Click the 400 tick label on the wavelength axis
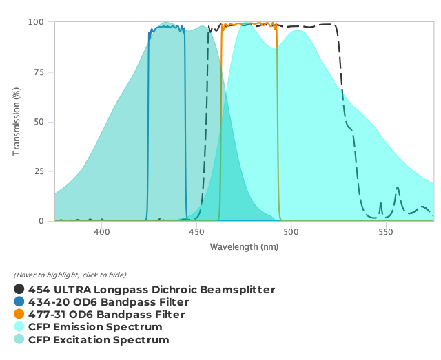(102, 233)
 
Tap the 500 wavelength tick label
(291, 233)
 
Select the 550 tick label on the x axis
(386, 233)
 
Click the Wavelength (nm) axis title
(244, 246)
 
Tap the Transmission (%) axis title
(17, 122)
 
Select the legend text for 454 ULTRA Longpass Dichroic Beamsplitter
(152, 290)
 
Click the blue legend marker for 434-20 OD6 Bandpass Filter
(19, 302)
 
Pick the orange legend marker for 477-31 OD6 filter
(19, 315)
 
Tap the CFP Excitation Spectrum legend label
(99, 339)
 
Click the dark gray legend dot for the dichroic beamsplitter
(19, 290)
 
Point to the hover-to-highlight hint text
(70, 275)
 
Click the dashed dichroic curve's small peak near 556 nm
(398, 188)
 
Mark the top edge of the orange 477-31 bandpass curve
(248, 23)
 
